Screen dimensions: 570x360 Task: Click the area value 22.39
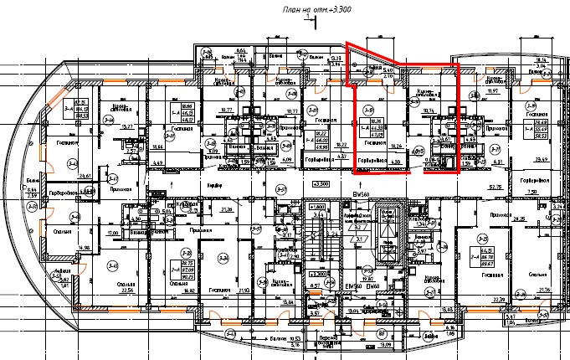(x=500, y=299)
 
